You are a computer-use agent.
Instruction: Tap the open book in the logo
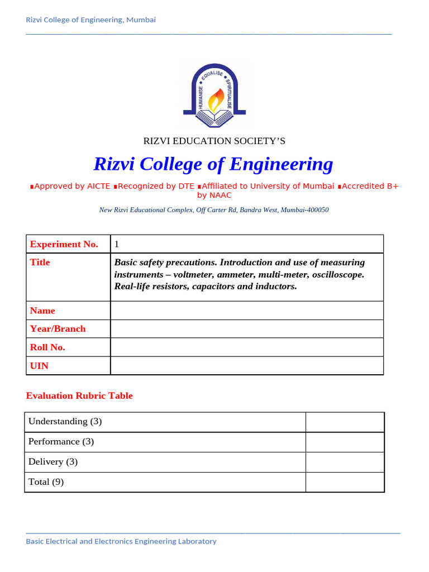point(214,117)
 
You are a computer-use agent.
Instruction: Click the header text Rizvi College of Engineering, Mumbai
point(90,20)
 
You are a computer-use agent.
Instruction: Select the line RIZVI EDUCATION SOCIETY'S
point(214,141)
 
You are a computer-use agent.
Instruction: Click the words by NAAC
point(214,196)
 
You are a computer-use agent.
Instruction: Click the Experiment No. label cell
point(64,244)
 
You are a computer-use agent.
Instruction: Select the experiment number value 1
point(117,244)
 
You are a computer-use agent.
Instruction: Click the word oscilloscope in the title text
point(336,275)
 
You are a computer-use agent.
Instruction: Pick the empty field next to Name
point(247,311)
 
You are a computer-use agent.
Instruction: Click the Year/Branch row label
point(58,328)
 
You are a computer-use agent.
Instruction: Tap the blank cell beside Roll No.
point(247,347)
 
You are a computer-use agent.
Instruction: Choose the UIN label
point(39,365)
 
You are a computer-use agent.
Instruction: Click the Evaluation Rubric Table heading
point(79,395)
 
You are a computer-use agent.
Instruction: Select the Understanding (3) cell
point(65,422)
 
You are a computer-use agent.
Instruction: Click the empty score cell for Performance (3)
point(345,442)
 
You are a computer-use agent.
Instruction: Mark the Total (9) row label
point(46,482)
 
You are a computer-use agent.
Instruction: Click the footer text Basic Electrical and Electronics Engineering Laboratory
point(121,541)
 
